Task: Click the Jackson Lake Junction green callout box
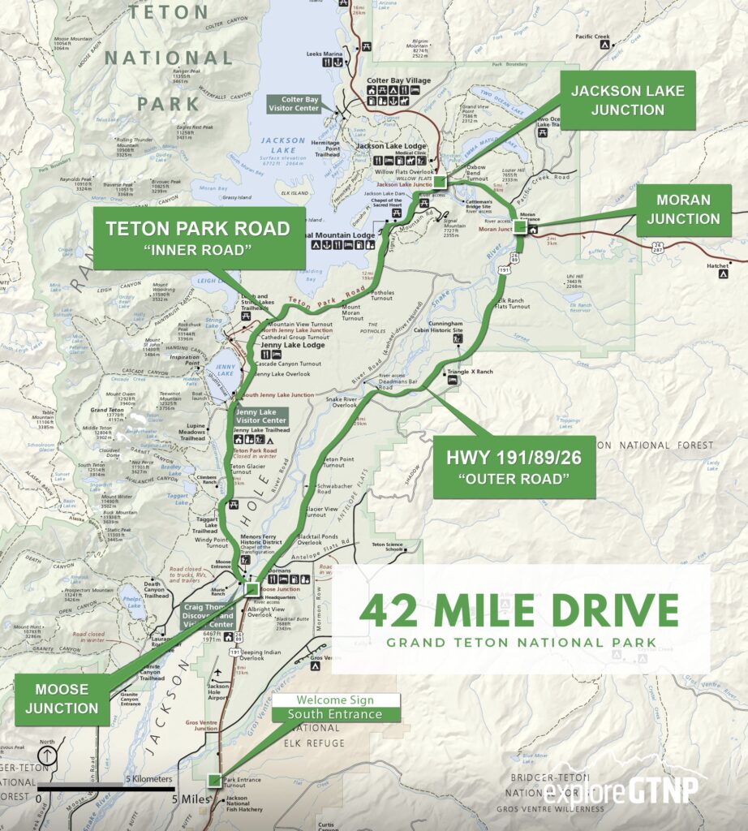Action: click(628, 100)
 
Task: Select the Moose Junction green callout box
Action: click(62, 699)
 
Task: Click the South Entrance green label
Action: click(339, 714)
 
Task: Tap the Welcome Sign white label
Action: click(339, 700)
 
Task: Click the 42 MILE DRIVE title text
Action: click(519, 610)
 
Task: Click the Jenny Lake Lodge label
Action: click(293, 345)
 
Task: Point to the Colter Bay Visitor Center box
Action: click(300, 105)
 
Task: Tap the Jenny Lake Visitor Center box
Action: click(260, 416)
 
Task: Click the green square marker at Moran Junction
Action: click(521, 226)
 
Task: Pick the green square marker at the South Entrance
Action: click(213, 780)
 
